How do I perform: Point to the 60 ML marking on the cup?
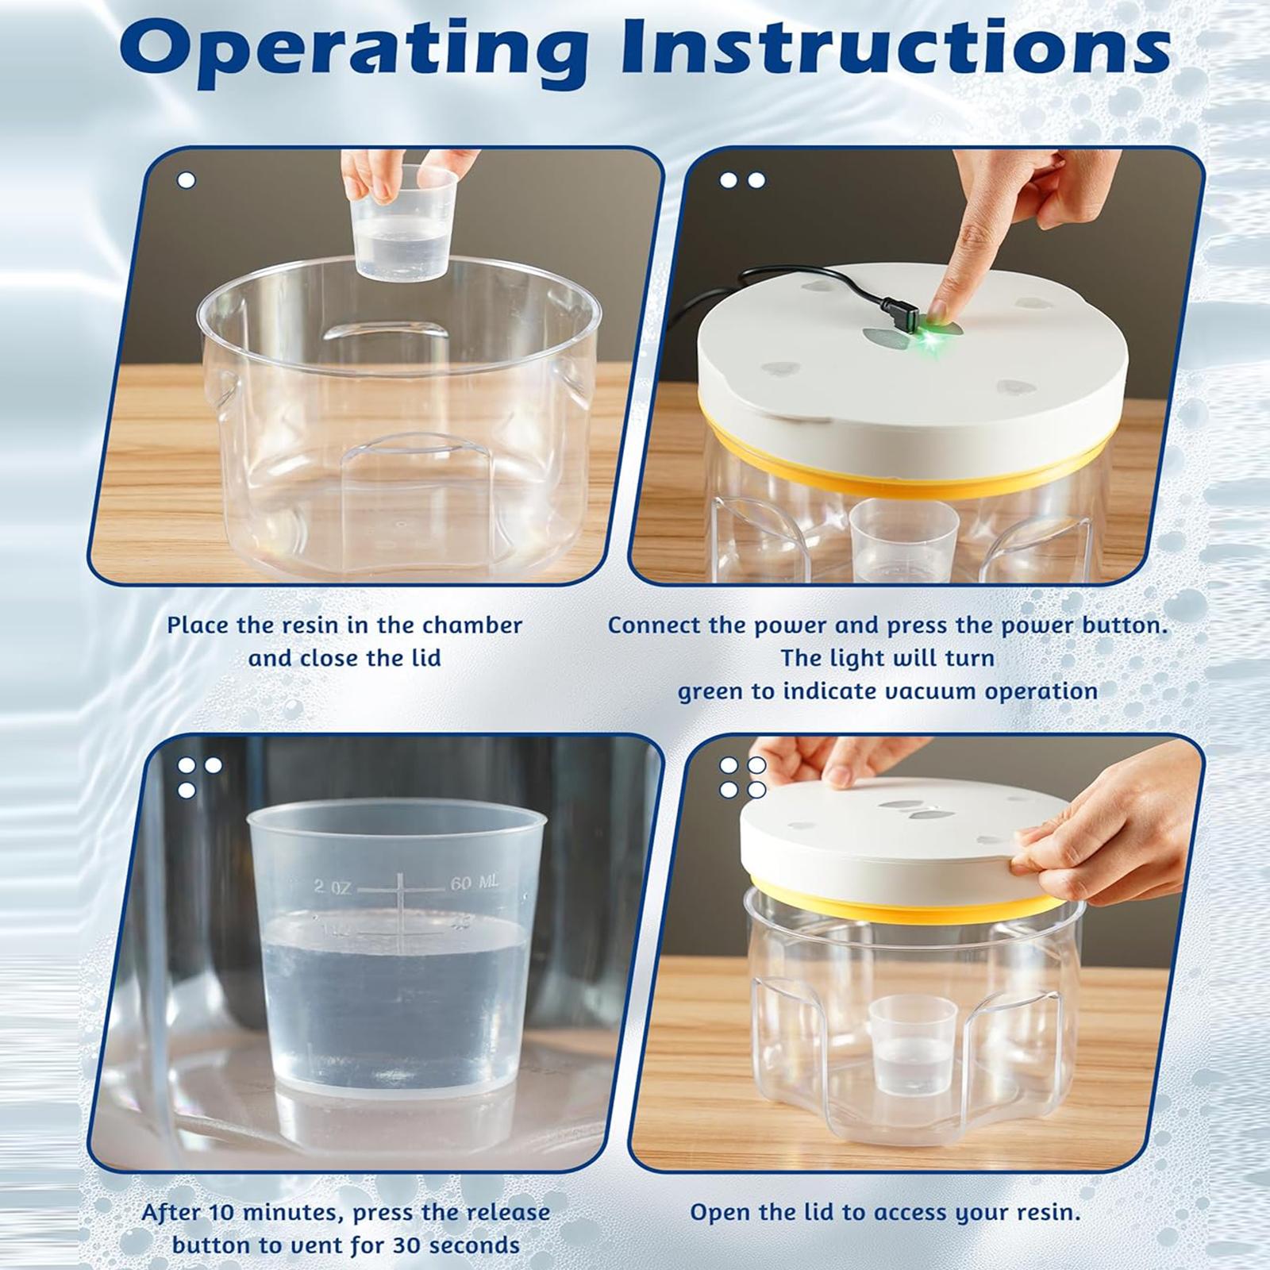point(475,883)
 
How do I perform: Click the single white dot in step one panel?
point(187,180)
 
